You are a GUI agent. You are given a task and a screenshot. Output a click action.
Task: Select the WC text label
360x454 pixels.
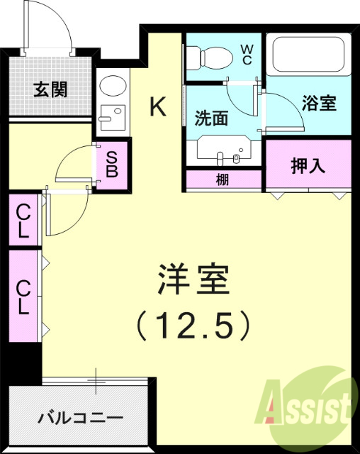click(247, 55)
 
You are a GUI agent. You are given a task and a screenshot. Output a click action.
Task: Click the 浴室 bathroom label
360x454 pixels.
click(319, 104)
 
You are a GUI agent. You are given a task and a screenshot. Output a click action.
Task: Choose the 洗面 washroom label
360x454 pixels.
click(210, 118)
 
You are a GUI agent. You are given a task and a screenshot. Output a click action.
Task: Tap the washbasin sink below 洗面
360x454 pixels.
click(225, 152)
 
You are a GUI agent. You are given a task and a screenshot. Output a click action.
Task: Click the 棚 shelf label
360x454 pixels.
click(223, 180)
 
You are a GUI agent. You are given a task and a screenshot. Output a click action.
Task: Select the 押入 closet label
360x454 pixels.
click(308, 166)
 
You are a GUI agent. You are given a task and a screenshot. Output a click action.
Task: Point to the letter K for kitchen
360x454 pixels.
click(158, 106)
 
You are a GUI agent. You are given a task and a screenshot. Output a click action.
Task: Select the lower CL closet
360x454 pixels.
click(23, 297)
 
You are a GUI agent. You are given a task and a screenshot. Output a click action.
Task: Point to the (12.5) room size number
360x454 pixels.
click(193, 325)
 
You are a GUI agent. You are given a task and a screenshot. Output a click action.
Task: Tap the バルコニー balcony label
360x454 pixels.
click(80, 417)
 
